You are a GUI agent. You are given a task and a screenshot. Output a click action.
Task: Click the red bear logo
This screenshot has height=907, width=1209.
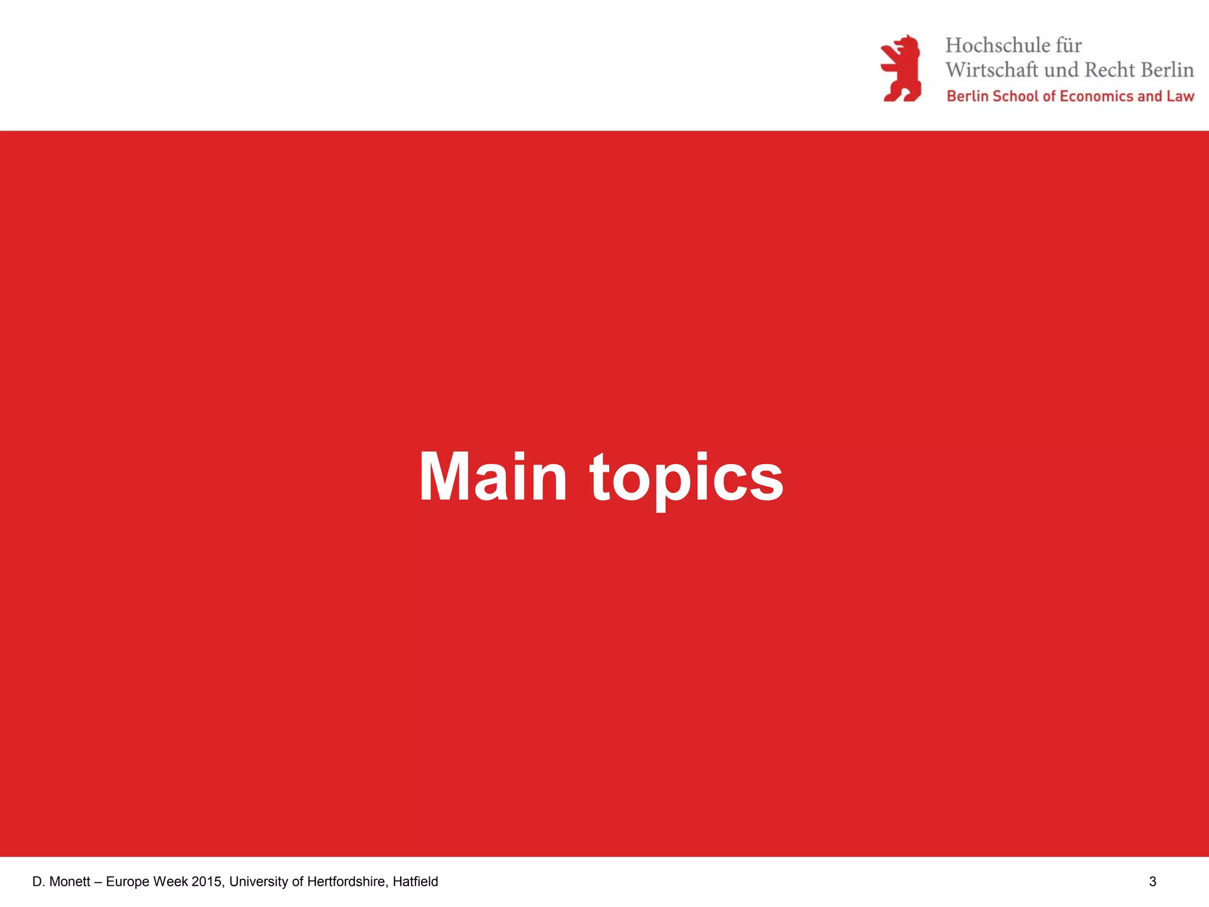pos(901,68)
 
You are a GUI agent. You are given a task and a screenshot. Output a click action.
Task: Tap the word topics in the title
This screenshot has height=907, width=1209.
pos(687,478)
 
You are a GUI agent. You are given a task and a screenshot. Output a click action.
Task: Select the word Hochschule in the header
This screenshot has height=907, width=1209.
pos(997,45)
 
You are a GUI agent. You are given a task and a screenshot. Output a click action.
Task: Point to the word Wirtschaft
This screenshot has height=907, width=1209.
pos(992,70)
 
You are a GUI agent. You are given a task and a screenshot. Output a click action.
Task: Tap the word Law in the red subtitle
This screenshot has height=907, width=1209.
pos(1179,96)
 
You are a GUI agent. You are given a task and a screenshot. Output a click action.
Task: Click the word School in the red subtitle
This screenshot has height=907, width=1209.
pos(1015,96)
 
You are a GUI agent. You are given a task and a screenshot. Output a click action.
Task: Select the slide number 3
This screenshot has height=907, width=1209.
pos(1152,882)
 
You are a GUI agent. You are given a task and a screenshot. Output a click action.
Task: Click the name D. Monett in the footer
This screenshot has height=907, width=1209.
pos(61,882)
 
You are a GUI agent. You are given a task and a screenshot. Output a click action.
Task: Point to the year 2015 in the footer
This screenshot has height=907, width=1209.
pos(207,882)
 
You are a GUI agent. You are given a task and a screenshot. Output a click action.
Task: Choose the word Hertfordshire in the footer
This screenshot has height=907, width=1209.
pos(348,882)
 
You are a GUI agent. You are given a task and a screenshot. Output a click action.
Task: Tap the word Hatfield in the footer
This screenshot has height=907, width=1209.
pos(416,882)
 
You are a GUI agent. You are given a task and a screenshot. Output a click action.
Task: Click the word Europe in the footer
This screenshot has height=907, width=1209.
pos(128,882)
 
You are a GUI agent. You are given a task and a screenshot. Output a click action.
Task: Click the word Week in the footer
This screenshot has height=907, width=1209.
pos(171,882)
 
